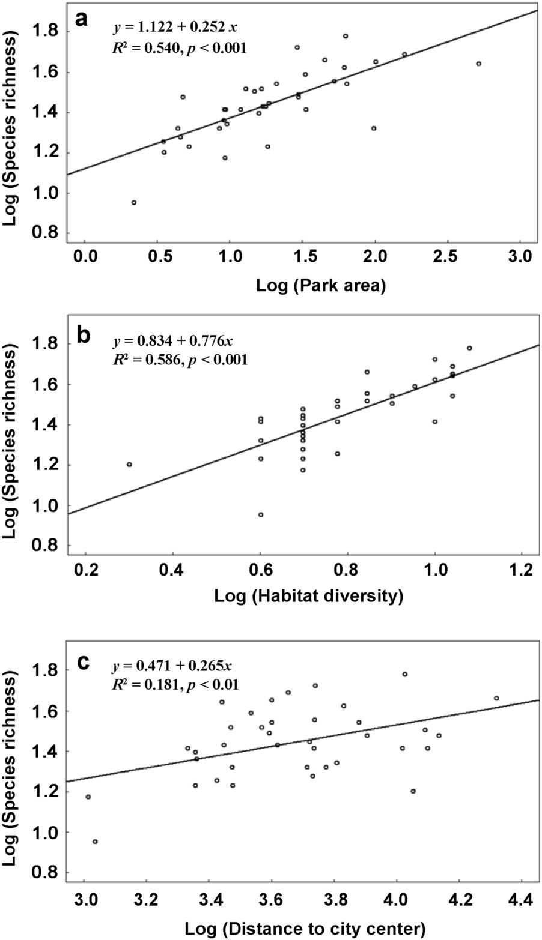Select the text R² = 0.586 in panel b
[146, 360]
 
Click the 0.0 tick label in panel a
[85, 259]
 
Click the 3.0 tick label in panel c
[84, 898]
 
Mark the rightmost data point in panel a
[478, 64]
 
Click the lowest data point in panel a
[134, 202]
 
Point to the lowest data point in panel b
[261, 514]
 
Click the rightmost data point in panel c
[496, 698]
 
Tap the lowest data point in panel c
[95, 842]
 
